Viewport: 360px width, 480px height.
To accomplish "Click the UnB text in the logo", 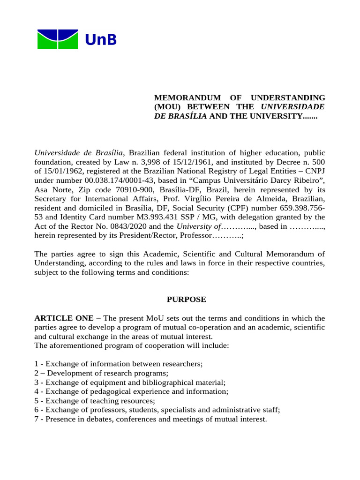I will click(x=101, y=41).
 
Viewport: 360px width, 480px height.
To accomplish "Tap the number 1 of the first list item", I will click(x=37, y=364).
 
